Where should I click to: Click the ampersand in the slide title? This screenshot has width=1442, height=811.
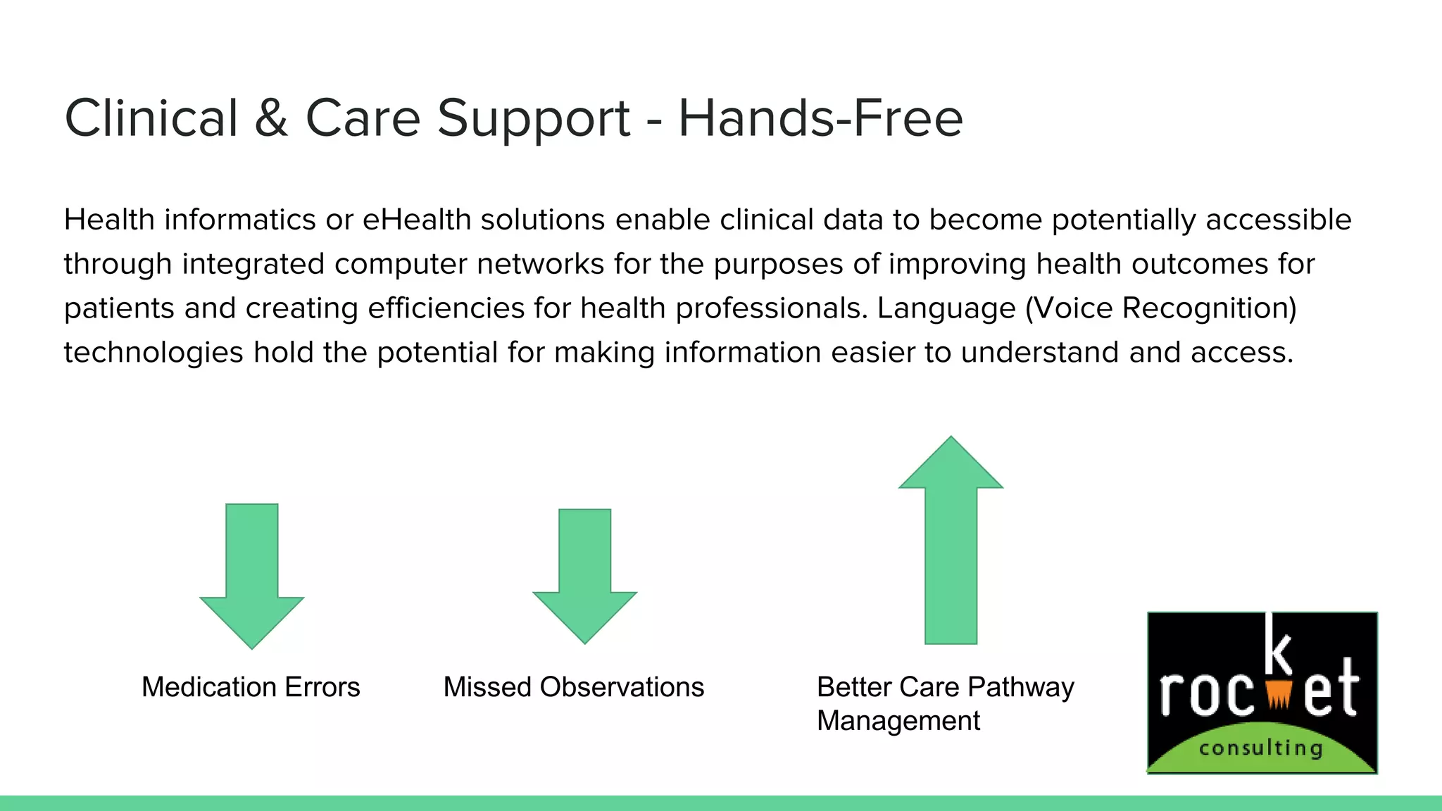click(272, 118)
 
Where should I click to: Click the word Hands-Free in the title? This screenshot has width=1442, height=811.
click(820, 118)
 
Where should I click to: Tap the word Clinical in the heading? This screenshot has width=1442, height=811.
click(151, 118)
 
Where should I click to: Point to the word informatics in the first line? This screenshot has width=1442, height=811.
click(239, 220)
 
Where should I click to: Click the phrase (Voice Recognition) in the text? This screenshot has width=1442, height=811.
click(1160, 308)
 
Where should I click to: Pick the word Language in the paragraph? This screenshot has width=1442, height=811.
click(946, 308)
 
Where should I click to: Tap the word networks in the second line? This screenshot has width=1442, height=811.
click(540, 264)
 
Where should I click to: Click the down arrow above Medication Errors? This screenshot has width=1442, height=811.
click(252, 574)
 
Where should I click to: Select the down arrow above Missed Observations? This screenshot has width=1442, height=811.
click(584, 574)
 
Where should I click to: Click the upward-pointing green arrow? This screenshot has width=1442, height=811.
click(951, 542)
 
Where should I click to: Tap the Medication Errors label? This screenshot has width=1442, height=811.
click(251, 687)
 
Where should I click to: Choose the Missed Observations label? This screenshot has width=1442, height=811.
click(573, 687)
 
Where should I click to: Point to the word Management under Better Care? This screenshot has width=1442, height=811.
click(898, 721)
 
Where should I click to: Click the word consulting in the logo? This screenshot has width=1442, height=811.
click(1260, 748)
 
